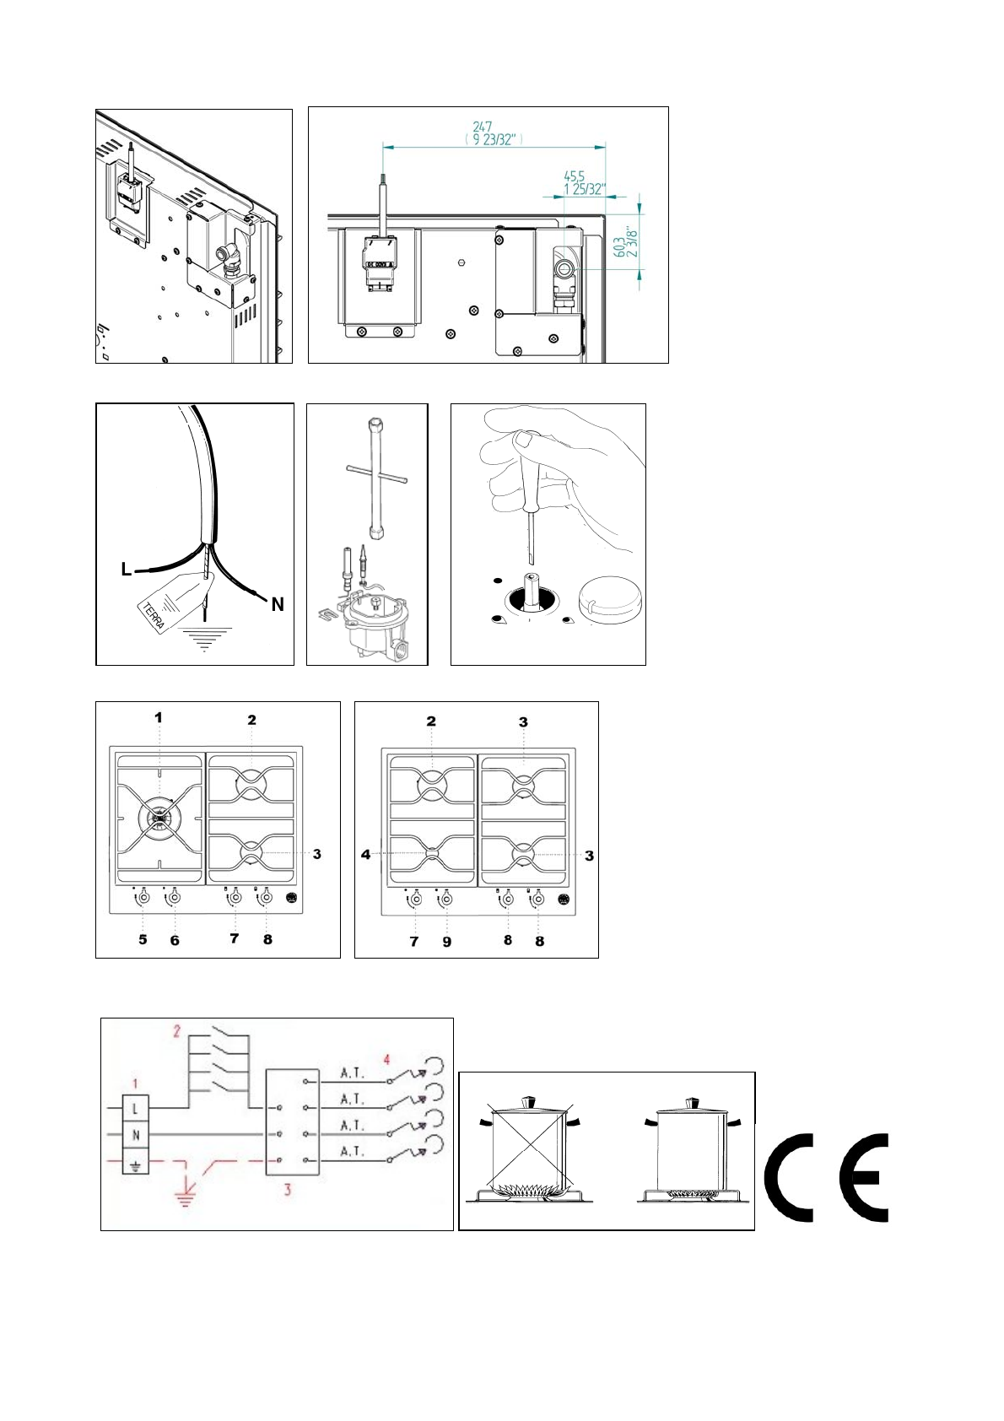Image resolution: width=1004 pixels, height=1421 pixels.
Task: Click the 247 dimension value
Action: [483, 127]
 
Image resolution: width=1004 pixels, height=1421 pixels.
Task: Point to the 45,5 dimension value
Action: [575, 176]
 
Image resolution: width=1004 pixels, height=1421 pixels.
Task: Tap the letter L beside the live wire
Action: [127, 570]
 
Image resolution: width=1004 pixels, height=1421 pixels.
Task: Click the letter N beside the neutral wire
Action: [278, 604]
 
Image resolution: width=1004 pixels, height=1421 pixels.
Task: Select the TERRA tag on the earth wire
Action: [154, 613]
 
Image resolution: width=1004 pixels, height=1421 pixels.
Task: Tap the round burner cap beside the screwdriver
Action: [609, 600]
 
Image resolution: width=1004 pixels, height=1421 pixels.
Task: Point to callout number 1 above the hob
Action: [158, 718]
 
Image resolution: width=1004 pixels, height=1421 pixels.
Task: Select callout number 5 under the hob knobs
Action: [143, 940]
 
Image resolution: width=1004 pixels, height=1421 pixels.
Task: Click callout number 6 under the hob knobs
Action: [175, 940]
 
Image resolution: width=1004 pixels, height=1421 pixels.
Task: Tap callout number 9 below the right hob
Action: [447, 942]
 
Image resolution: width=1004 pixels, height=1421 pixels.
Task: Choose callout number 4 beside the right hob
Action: [365, 855]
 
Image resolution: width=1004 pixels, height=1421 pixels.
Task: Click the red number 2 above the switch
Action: [177, 1031]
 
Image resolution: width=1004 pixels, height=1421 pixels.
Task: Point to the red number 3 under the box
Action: [288, 1190]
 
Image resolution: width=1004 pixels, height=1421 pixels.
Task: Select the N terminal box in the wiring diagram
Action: [136, 1136]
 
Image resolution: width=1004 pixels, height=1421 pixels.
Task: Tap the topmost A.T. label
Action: [352, 1073]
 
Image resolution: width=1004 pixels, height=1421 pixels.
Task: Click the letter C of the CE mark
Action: [790, 1179]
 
